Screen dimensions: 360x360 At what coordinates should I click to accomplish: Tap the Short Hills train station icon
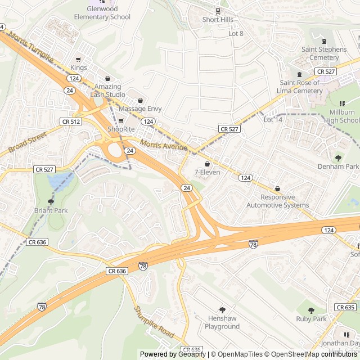[218, 11]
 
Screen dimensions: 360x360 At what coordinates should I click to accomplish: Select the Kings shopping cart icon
[78, 59]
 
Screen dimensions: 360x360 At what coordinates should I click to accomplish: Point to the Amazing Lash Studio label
[107, 90]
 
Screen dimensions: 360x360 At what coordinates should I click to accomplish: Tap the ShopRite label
[121, 129]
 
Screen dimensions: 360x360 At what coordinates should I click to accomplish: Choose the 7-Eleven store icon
[207, 164]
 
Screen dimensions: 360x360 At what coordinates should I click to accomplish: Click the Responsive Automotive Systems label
[277, 201]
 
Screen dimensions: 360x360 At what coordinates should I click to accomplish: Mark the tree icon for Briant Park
[51, 201]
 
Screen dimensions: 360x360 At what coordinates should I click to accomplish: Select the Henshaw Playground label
[222, 322]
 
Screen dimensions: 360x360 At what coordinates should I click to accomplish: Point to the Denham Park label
[337, 167]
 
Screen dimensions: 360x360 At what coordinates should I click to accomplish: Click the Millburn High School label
[342, 116]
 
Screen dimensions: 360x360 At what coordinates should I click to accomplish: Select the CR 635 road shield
[345, 307]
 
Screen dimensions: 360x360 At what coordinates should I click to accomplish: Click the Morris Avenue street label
[165, 147]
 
